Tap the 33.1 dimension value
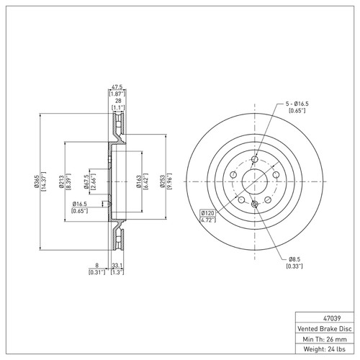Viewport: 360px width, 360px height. point(116,266)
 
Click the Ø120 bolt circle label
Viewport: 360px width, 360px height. point(208,214)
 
